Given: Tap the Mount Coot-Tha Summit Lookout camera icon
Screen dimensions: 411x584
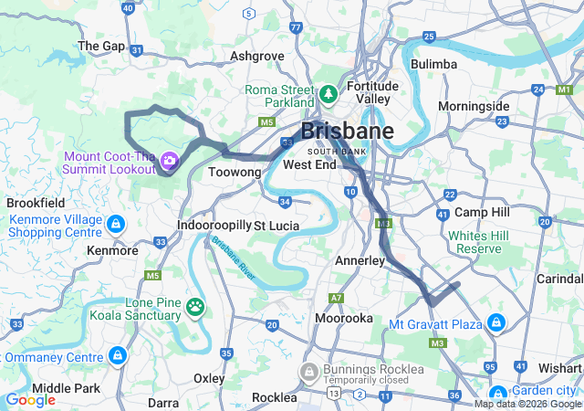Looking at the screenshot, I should (169, 162).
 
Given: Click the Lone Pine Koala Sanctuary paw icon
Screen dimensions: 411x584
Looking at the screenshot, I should (195, 306).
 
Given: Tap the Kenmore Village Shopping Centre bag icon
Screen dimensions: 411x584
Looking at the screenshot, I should (115, 224).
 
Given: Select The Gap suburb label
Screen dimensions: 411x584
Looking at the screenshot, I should (101, 46).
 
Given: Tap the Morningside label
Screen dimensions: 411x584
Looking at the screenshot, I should (474, 106).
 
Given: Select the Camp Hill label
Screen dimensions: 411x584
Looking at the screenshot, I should (481, 212).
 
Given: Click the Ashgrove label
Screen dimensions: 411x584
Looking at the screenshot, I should (257, 56).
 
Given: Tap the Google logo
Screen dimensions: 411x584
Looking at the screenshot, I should (31, 399).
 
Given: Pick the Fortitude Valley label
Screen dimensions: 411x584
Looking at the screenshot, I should (372, 92).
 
